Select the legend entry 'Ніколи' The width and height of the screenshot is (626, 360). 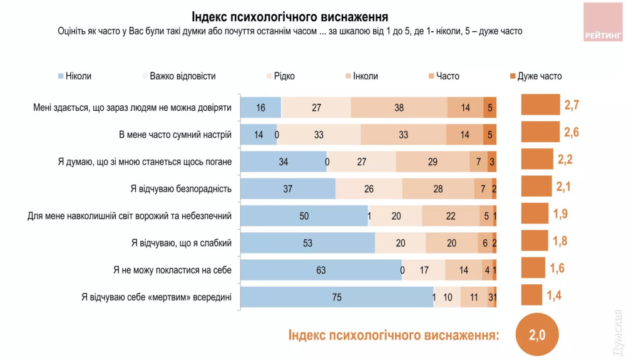point(74,76)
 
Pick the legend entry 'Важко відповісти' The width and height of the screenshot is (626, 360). point(178,76)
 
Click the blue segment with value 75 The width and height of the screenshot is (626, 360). point(337,297)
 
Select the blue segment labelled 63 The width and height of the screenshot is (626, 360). point(321,270)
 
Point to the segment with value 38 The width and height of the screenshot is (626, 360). point(399,108)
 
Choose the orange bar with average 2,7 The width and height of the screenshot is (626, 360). point(540,105)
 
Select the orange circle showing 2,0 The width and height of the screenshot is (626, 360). point(537,336)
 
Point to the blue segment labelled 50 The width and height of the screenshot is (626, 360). point(304,216)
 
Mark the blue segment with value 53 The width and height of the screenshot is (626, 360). point(307,243)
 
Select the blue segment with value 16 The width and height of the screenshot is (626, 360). point(260,108)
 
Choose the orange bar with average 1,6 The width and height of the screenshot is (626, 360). point(533,267)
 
